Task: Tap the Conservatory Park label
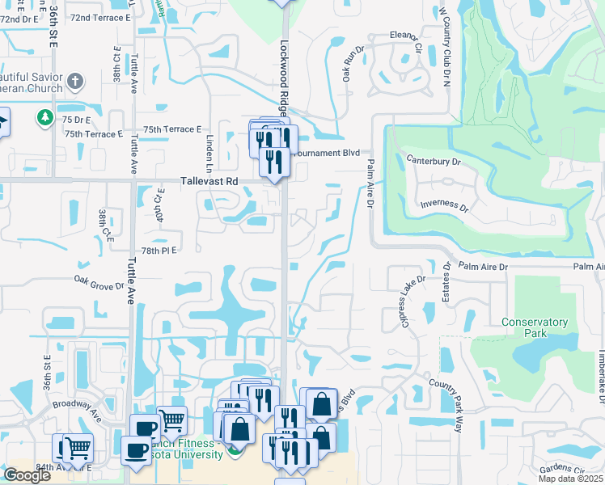pyautogui.click(x=534, y=327)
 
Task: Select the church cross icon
pyautogui.click(x=74, y=81)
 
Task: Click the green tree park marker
pyautogui.click(x=45, y=118)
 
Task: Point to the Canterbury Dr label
pyautogui.click(x=433, y=161)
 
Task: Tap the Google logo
pyautogui.click(x=27, y=475)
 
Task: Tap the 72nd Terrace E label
pyautogui.click(x=100, y=17)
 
